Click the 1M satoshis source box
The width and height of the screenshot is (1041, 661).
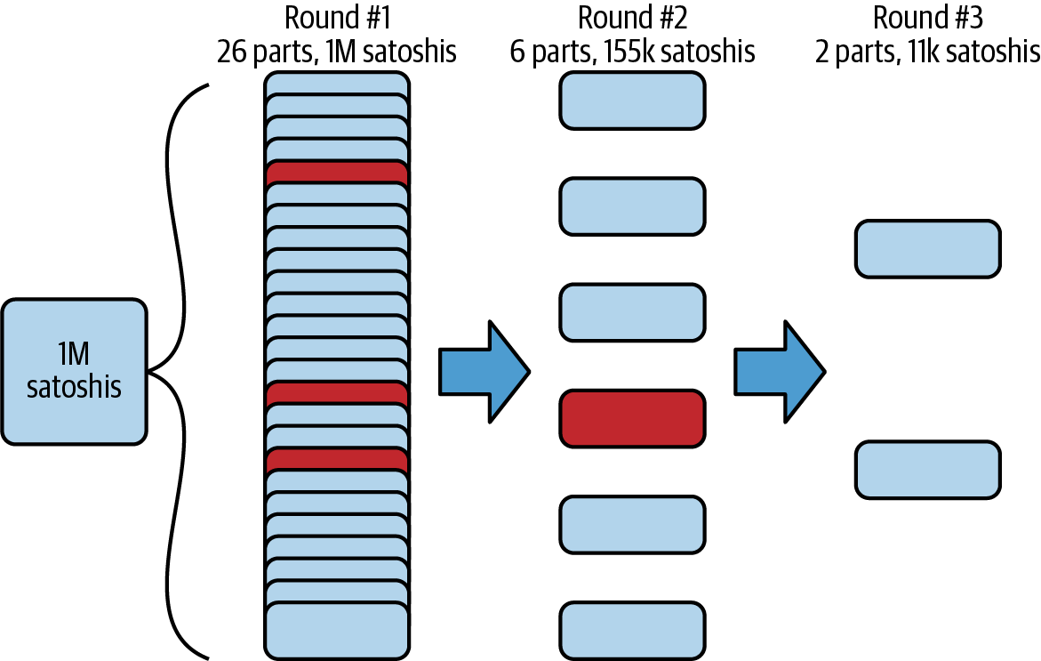(74, 371)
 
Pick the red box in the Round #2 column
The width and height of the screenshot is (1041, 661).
(632, 417)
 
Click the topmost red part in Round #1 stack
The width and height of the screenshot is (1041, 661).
(337, 173)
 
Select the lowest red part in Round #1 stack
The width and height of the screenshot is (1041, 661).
(337, 459)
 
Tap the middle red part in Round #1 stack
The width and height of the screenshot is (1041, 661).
(337, 392)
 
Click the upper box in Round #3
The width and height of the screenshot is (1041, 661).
(927, 248)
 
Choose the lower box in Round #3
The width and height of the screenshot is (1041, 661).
(927, 469)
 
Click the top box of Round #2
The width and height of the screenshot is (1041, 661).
(632, 100)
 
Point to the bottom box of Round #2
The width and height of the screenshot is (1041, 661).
(632, 630)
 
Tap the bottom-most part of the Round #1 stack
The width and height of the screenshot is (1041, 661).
(337, 631)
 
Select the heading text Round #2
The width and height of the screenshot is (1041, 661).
(632, 18)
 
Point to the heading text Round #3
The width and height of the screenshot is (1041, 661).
(927, 18)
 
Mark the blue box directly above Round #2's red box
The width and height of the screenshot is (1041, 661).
(632, 311)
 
